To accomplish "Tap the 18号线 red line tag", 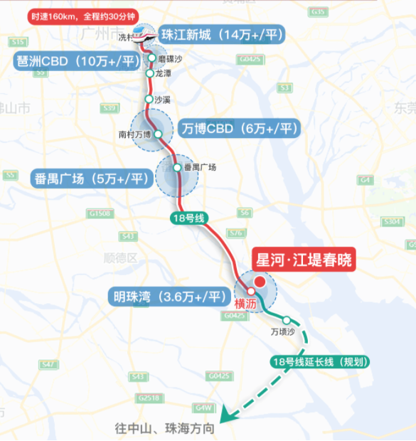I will tap(188, 218).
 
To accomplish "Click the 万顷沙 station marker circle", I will tap(287, 320).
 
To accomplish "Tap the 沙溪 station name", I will tap(163, 100).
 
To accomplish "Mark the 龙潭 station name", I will tap(164, 73).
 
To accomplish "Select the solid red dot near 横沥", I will tap(260, 282).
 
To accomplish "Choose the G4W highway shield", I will tap(205, 408).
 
